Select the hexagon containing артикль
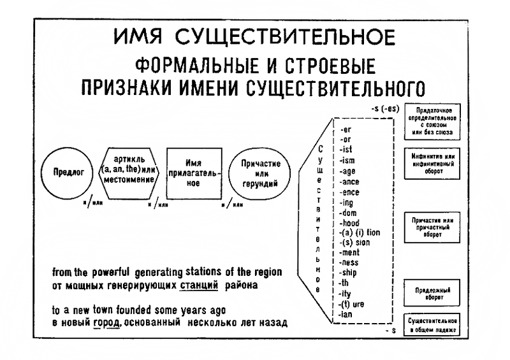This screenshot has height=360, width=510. click(x=129, y=170)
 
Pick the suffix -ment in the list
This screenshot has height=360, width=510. click(x=351, y=252)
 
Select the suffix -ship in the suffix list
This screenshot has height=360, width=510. click(x=350, y=273)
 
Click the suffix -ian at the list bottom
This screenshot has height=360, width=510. click(x=348, y=313)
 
